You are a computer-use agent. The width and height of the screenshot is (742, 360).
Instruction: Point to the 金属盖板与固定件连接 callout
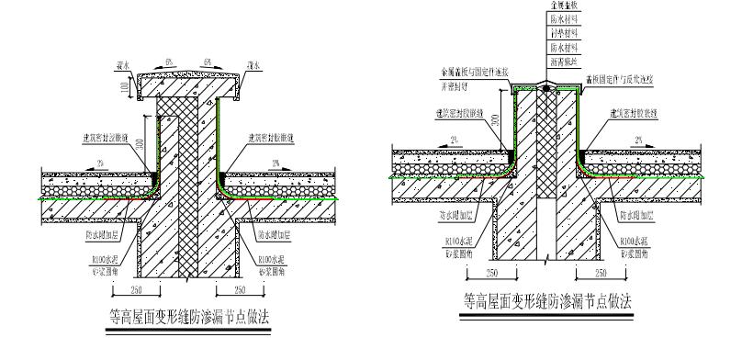point(475,70)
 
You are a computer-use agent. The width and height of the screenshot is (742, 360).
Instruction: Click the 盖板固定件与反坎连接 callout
point(610,81)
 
